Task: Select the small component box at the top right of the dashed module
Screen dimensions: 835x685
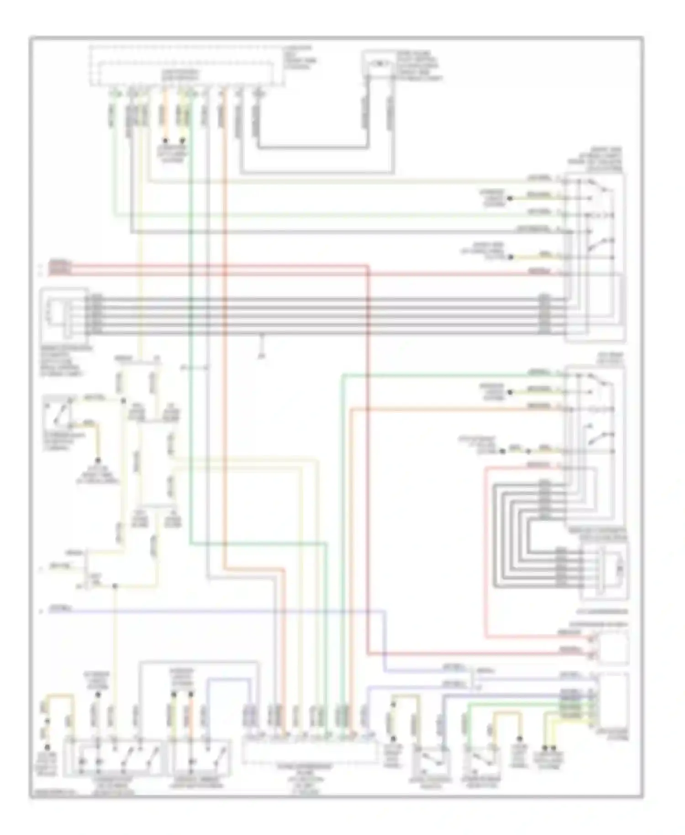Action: click(378, 64)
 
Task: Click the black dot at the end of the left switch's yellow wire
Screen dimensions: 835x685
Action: click(97, 460)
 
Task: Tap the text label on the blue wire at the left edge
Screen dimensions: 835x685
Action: click(60, 609)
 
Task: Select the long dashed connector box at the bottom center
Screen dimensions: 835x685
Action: click(310, 753)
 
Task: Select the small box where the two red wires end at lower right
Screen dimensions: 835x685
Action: click(613, 648)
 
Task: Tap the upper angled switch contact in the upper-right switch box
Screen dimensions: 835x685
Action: click(602, 187)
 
